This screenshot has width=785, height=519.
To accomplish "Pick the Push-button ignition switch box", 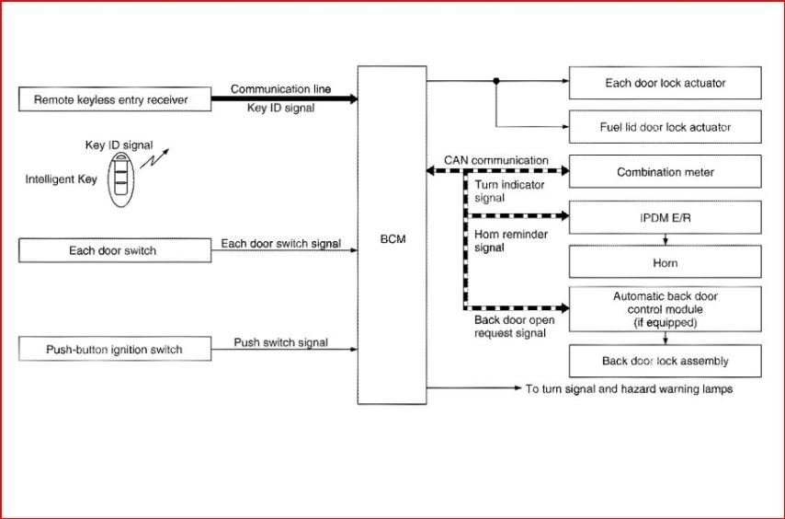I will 114,350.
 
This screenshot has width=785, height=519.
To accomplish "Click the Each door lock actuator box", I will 666,83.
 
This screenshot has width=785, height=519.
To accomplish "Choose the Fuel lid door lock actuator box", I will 666,127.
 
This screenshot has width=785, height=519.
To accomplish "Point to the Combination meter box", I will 666,172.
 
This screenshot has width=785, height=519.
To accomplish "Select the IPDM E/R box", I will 666,217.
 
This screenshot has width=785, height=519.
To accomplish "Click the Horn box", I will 666,263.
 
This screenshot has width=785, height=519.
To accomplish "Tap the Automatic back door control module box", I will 666,309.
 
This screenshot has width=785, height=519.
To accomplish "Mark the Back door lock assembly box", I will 666,361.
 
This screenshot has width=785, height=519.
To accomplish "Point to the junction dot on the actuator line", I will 496,81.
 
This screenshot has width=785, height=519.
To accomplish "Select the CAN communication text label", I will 496,160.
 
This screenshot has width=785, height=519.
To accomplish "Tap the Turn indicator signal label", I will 509,190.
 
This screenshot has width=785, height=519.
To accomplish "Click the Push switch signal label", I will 280,342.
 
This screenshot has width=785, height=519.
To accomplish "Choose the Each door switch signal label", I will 280,244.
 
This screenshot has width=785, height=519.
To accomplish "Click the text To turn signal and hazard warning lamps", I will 629,389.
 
